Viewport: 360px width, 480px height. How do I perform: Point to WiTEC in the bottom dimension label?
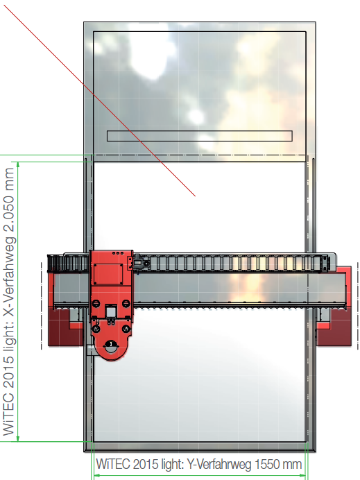tap(113, 464)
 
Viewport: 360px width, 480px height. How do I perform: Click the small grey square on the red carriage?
tap(110, 312)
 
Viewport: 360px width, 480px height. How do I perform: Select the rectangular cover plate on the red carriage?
tap(108, 274)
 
